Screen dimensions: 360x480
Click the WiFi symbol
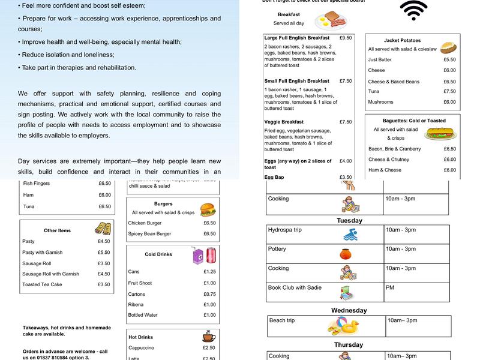point(413,10)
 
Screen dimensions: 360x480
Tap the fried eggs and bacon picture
point(331,20)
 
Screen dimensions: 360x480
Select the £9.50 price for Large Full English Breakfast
point(346,38)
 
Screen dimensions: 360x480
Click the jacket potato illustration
point(449,47)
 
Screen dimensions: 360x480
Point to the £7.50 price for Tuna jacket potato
point(449,92)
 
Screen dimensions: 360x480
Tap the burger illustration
point(208,209)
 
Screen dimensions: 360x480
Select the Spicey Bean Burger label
point(150,233)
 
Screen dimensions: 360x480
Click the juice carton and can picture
point(204,256)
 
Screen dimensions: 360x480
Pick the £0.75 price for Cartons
point(209,294)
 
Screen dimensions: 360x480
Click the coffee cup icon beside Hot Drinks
point(209,337)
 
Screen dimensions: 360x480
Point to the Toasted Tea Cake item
point(42,284)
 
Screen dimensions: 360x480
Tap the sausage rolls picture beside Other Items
point(103,229)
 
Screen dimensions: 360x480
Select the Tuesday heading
point(349,220)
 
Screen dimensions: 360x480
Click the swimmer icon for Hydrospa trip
point(350,235)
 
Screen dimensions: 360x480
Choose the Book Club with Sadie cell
point(295,287)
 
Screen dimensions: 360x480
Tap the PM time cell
point(390,287)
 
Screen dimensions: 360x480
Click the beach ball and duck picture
point(343,326)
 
